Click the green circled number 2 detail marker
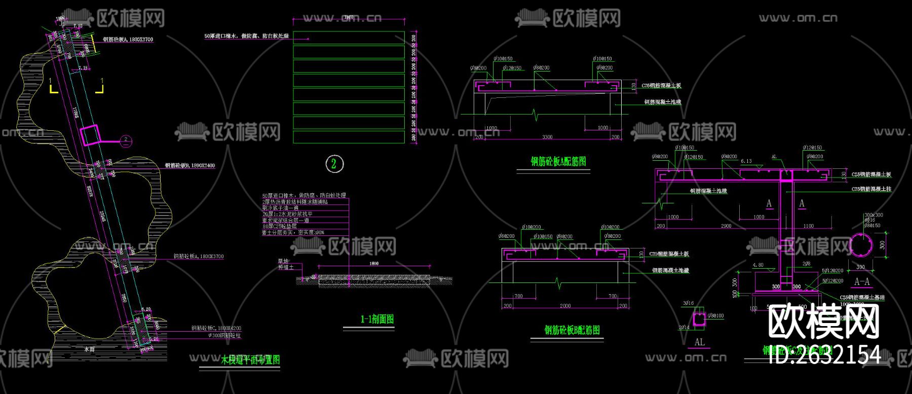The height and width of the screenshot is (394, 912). pyautogui.click(x=334, y=164)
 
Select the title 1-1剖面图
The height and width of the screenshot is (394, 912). pyautogui.click(x=377, y=319)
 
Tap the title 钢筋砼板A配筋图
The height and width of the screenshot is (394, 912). pyautogui.click(x=558, y=161)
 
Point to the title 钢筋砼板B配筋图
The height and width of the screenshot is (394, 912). pyautogui.click(x=572, y=330)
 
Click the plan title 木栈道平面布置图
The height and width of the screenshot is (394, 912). pyautogui.click(x=250, y=360)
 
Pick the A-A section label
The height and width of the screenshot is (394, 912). pyautogui.click(x=861, y=281)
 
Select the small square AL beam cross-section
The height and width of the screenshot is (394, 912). pyautogui.click(x=699, y=319)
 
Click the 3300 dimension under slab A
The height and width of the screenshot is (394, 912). pyautogui.click(x=547, y=137)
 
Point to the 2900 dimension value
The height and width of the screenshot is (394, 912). pyautogui.click(x=726, y=226)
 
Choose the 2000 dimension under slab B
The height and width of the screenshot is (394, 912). pyautogui.click(x=565, y=306)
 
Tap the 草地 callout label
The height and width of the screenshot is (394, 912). pyautogui.click(x=283, y=261)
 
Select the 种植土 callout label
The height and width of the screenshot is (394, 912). pyautogui.click(x=286, y=267)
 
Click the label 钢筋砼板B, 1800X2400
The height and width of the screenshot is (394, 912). pyautogui.click(x=189, y=165)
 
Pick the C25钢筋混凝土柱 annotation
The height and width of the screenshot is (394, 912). pyautogui.click(x=871, y=189)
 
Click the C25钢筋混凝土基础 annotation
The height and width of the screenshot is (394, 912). pyautogui.click(x=862, y=298)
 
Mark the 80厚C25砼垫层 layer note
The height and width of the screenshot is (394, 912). pyautogui.click(x=279, y=227)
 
